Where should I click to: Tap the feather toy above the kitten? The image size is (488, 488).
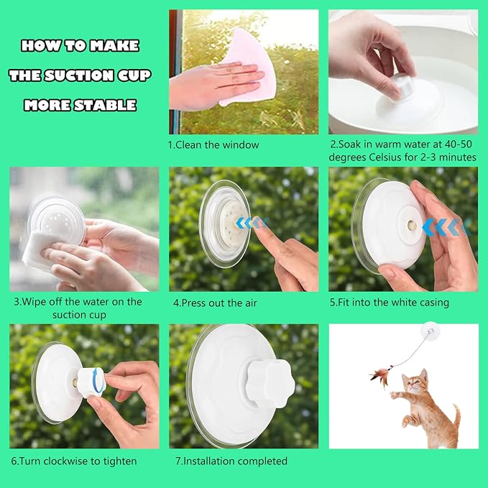click(380, 376)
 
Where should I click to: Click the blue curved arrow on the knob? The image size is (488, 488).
click(98, 381)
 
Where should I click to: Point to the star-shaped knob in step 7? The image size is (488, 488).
click(270, 384)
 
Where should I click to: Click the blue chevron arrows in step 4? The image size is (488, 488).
click(251, 223)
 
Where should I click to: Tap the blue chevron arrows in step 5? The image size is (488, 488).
click(446, 226)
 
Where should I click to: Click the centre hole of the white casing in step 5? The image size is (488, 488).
click(411, 224)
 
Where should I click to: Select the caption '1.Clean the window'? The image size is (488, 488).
click(213, 144)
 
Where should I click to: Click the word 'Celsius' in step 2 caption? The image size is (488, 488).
click(386, 157)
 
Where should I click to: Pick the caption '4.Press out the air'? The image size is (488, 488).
click(215, 303)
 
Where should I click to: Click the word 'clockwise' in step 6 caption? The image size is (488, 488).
click(66, 461)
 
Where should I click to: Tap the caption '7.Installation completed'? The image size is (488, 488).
click(231, 461)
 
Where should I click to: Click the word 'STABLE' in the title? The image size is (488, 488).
click(105, 105)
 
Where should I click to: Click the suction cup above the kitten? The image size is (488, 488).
click(431, 331)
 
